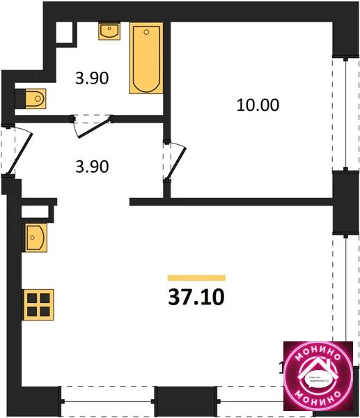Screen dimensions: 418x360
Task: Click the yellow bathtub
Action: point(146,59)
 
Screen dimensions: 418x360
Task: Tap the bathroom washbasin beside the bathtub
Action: point(109,31)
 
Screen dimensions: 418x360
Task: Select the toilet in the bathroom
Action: point(31,98)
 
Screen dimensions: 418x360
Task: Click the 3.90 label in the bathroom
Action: point(92,79)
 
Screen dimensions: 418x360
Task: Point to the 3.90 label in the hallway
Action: point(92,167)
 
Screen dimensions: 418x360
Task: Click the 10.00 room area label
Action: point(258,106)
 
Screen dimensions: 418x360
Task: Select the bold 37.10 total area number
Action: point(196,297)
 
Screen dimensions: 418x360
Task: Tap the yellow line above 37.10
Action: point(196,277)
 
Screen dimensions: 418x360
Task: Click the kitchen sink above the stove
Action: point(35,238)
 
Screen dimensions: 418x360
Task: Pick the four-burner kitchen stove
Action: point(36,304)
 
